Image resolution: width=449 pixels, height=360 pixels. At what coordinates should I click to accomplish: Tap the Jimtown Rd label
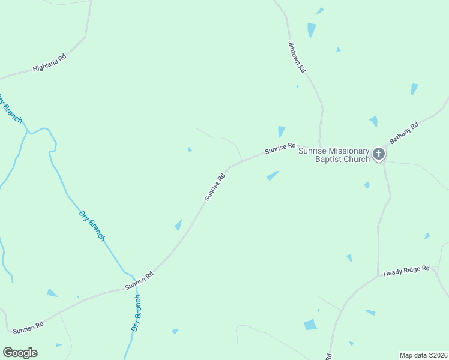pos(297,57)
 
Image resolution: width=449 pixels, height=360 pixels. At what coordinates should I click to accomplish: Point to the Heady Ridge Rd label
pos(407,271)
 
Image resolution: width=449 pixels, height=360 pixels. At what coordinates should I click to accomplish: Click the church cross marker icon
pos(379,154)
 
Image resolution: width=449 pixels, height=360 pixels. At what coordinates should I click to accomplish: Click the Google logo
pos(20,353)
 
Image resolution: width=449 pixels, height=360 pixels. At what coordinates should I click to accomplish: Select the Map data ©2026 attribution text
pos(423,355)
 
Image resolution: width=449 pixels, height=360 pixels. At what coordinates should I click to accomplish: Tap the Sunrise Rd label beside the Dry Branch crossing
pos(139,280)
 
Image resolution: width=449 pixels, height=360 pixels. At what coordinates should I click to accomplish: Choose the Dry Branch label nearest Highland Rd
pos(11,108)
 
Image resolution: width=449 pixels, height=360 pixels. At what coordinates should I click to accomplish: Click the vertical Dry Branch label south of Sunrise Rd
pos(136,313)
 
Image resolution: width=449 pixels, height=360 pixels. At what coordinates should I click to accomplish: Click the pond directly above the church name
pos(281,131)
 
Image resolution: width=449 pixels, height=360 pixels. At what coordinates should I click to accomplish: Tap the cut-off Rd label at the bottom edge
pos(330,356)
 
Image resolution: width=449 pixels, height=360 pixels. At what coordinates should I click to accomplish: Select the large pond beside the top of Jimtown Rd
pos(311,29)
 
